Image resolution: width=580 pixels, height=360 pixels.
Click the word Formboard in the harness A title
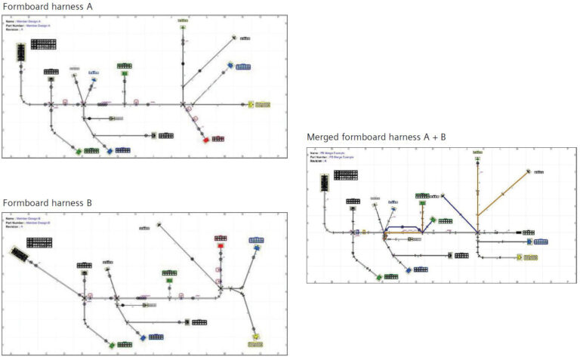click(x=24, y=7)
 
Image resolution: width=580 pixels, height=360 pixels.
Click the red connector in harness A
click(x=206, y=140)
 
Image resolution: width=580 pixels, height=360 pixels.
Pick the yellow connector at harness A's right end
click(x=251, y=104)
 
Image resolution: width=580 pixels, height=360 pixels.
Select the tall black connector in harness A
click(x=21, y=52)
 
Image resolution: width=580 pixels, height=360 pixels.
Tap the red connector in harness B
click(x=221, y=246)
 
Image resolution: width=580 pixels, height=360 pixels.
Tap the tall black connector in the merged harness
click(x=324, y=183)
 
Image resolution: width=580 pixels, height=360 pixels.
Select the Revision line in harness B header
click(x=23, y=225)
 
